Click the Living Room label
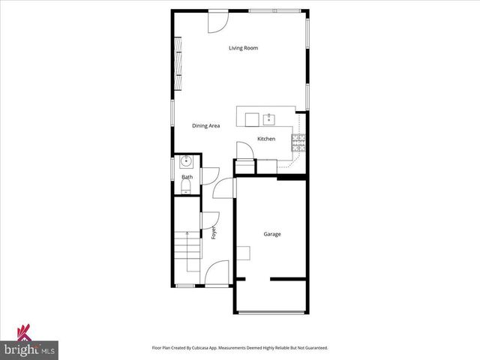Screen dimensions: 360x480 [x=244, y=48]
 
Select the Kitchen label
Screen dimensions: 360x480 [x=266, y=139]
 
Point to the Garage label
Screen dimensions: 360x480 [x=271, y=234]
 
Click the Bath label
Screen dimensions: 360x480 [x=187, y=177]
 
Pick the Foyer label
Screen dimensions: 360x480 [x=214, y=232]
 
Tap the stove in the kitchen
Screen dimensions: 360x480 [x=298, y=142]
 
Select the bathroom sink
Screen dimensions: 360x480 [x=186, y=160]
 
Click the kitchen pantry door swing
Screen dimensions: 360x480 [x=244, y=150]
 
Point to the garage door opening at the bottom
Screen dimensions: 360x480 [x=271, y=313]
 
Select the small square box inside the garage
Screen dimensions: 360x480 [x=244, y=252]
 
